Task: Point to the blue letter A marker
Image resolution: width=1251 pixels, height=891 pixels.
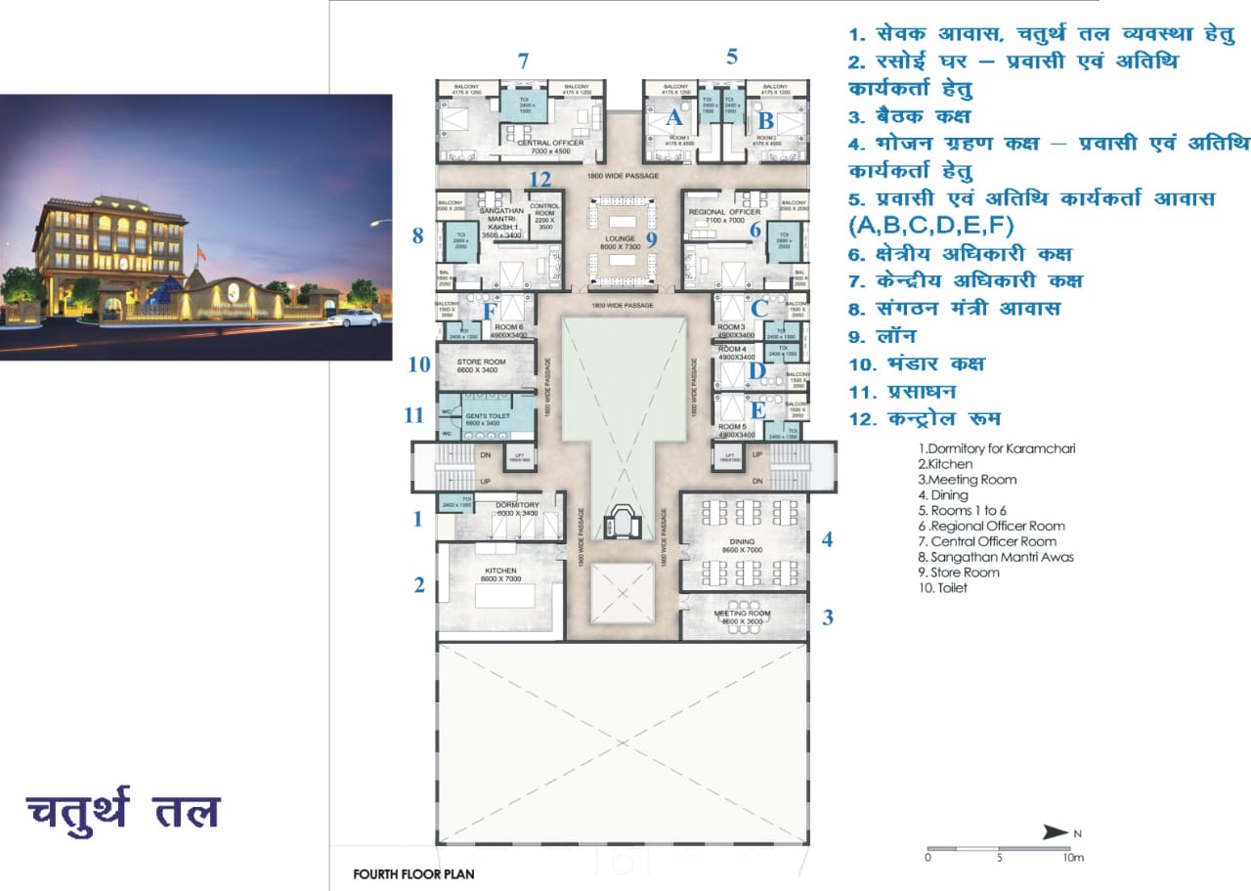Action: coord(673,119)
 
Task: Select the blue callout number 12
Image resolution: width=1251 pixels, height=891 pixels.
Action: coord(540,180)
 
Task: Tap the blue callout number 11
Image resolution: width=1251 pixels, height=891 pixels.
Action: coord(414,415)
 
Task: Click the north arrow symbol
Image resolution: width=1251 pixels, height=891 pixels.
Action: coord(1056,832)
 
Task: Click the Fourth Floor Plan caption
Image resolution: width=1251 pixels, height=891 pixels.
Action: coord(413,873)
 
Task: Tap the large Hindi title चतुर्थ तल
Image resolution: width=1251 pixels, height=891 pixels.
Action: coord(123,812)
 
